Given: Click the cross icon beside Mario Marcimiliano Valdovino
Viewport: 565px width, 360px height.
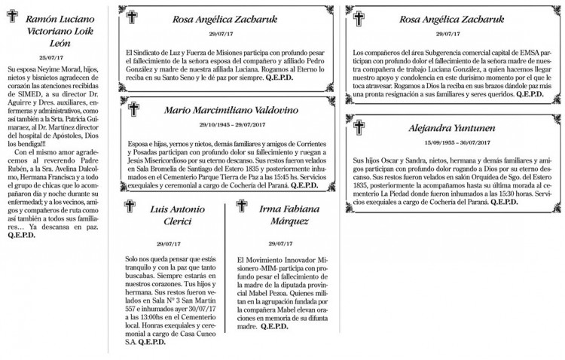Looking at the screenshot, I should click(134, 110).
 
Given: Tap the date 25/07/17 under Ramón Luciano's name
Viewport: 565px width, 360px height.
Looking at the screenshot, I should click(50, 56).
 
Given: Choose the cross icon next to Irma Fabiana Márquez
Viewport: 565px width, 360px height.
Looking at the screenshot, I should click(241, 205).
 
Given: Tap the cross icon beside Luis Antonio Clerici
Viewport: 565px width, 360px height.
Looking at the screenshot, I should click(130, 205).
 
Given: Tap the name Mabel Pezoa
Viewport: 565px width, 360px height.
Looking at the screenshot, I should click(283, 292).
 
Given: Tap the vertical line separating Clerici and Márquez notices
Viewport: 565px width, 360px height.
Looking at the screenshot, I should click(226, 271).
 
